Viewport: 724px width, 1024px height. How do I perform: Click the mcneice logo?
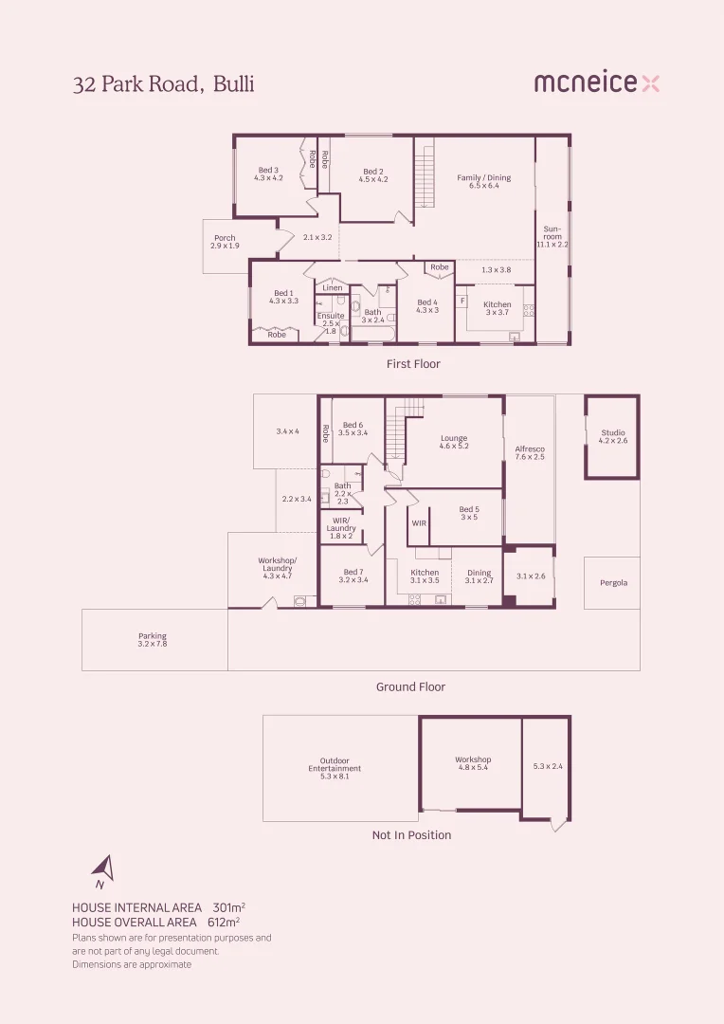[x=596, y=83]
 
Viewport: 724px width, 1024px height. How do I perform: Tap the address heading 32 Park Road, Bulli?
[x=164, y=84]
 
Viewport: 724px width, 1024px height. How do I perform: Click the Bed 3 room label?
[x=268, y=174]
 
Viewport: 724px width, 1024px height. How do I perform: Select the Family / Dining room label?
[x=483, y=181]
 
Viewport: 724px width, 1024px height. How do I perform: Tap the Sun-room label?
[x=552, y=236]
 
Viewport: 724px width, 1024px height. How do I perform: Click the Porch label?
[x=225, y=242]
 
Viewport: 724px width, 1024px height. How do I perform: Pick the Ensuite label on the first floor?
[x=331, y=320]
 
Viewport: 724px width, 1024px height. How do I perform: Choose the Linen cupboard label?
[x=332, y=288]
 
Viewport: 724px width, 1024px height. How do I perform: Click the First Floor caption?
[x=413, y=364]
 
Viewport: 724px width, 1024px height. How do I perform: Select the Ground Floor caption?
[x=410, y=687]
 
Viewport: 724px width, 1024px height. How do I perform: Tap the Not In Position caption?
[x=411, y=835]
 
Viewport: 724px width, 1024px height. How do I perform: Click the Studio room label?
[x=612, y=436]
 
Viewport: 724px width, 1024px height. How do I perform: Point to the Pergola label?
[x=613, y=583]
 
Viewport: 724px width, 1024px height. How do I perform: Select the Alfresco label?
[x=530, y=452]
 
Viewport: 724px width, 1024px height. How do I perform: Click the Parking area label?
[x=153, y=640]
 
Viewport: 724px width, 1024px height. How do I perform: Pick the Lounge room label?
[x=454, y=441]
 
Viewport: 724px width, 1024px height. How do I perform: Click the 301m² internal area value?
[x=227, y=907]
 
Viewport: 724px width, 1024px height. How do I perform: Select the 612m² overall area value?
[x=224, y=922]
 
